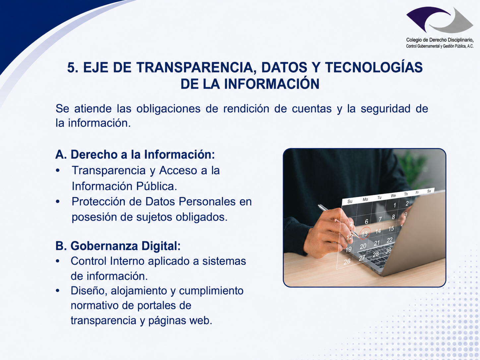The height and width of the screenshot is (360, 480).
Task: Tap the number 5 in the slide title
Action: [x=71, y=67]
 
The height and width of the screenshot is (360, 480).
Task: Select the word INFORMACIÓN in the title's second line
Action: [x=271, y=84]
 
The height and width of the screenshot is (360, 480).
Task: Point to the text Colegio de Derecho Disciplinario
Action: [x=440, y=40]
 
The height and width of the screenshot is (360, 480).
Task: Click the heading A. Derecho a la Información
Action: [x=135, y=154]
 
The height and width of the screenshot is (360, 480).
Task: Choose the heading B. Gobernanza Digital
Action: [x=118, y=246]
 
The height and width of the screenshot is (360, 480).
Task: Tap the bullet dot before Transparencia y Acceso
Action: [x=58, y=170]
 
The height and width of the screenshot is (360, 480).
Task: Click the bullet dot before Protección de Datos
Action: [x=58, y=202]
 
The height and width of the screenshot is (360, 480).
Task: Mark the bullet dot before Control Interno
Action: [x=58, y=261]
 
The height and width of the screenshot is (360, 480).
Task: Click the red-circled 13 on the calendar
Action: [x=364, y=233]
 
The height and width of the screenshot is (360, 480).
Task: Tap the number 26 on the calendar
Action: [x=347, y=262]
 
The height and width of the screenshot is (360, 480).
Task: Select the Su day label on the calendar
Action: [x=350, y=201]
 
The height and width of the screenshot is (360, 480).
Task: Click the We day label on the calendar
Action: [x=393, y=196]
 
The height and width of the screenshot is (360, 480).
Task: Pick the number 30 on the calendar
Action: [x=388, y=251]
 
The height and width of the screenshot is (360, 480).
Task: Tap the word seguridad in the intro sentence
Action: [x=386, y=109]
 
